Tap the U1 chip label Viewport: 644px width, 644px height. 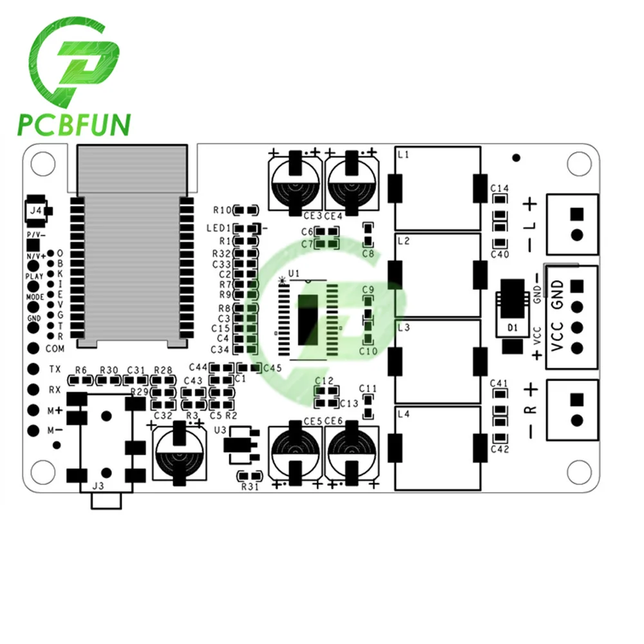pos(294,274)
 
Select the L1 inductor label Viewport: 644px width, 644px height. pos(404,155)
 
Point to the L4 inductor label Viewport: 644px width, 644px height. pos(404,413)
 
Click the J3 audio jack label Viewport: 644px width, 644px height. pos(97,486)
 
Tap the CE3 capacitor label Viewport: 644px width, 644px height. pos(313,216)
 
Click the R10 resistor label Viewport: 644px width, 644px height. pos(222,210)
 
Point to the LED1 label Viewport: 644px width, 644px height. pos(218,229)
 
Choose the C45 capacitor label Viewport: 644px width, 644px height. pos(272,368)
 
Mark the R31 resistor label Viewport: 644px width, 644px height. pos(249,487)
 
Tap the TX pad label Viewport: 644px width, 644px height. pos(55,370)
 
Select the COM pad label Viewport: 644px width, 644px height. pos(55,348)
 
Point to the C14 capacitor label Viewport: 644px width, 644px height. pos(500,189)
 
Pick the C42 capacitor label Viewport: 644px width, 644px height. pos(500,449)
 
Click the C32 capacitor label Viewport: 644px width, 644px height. pos(162,415)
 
